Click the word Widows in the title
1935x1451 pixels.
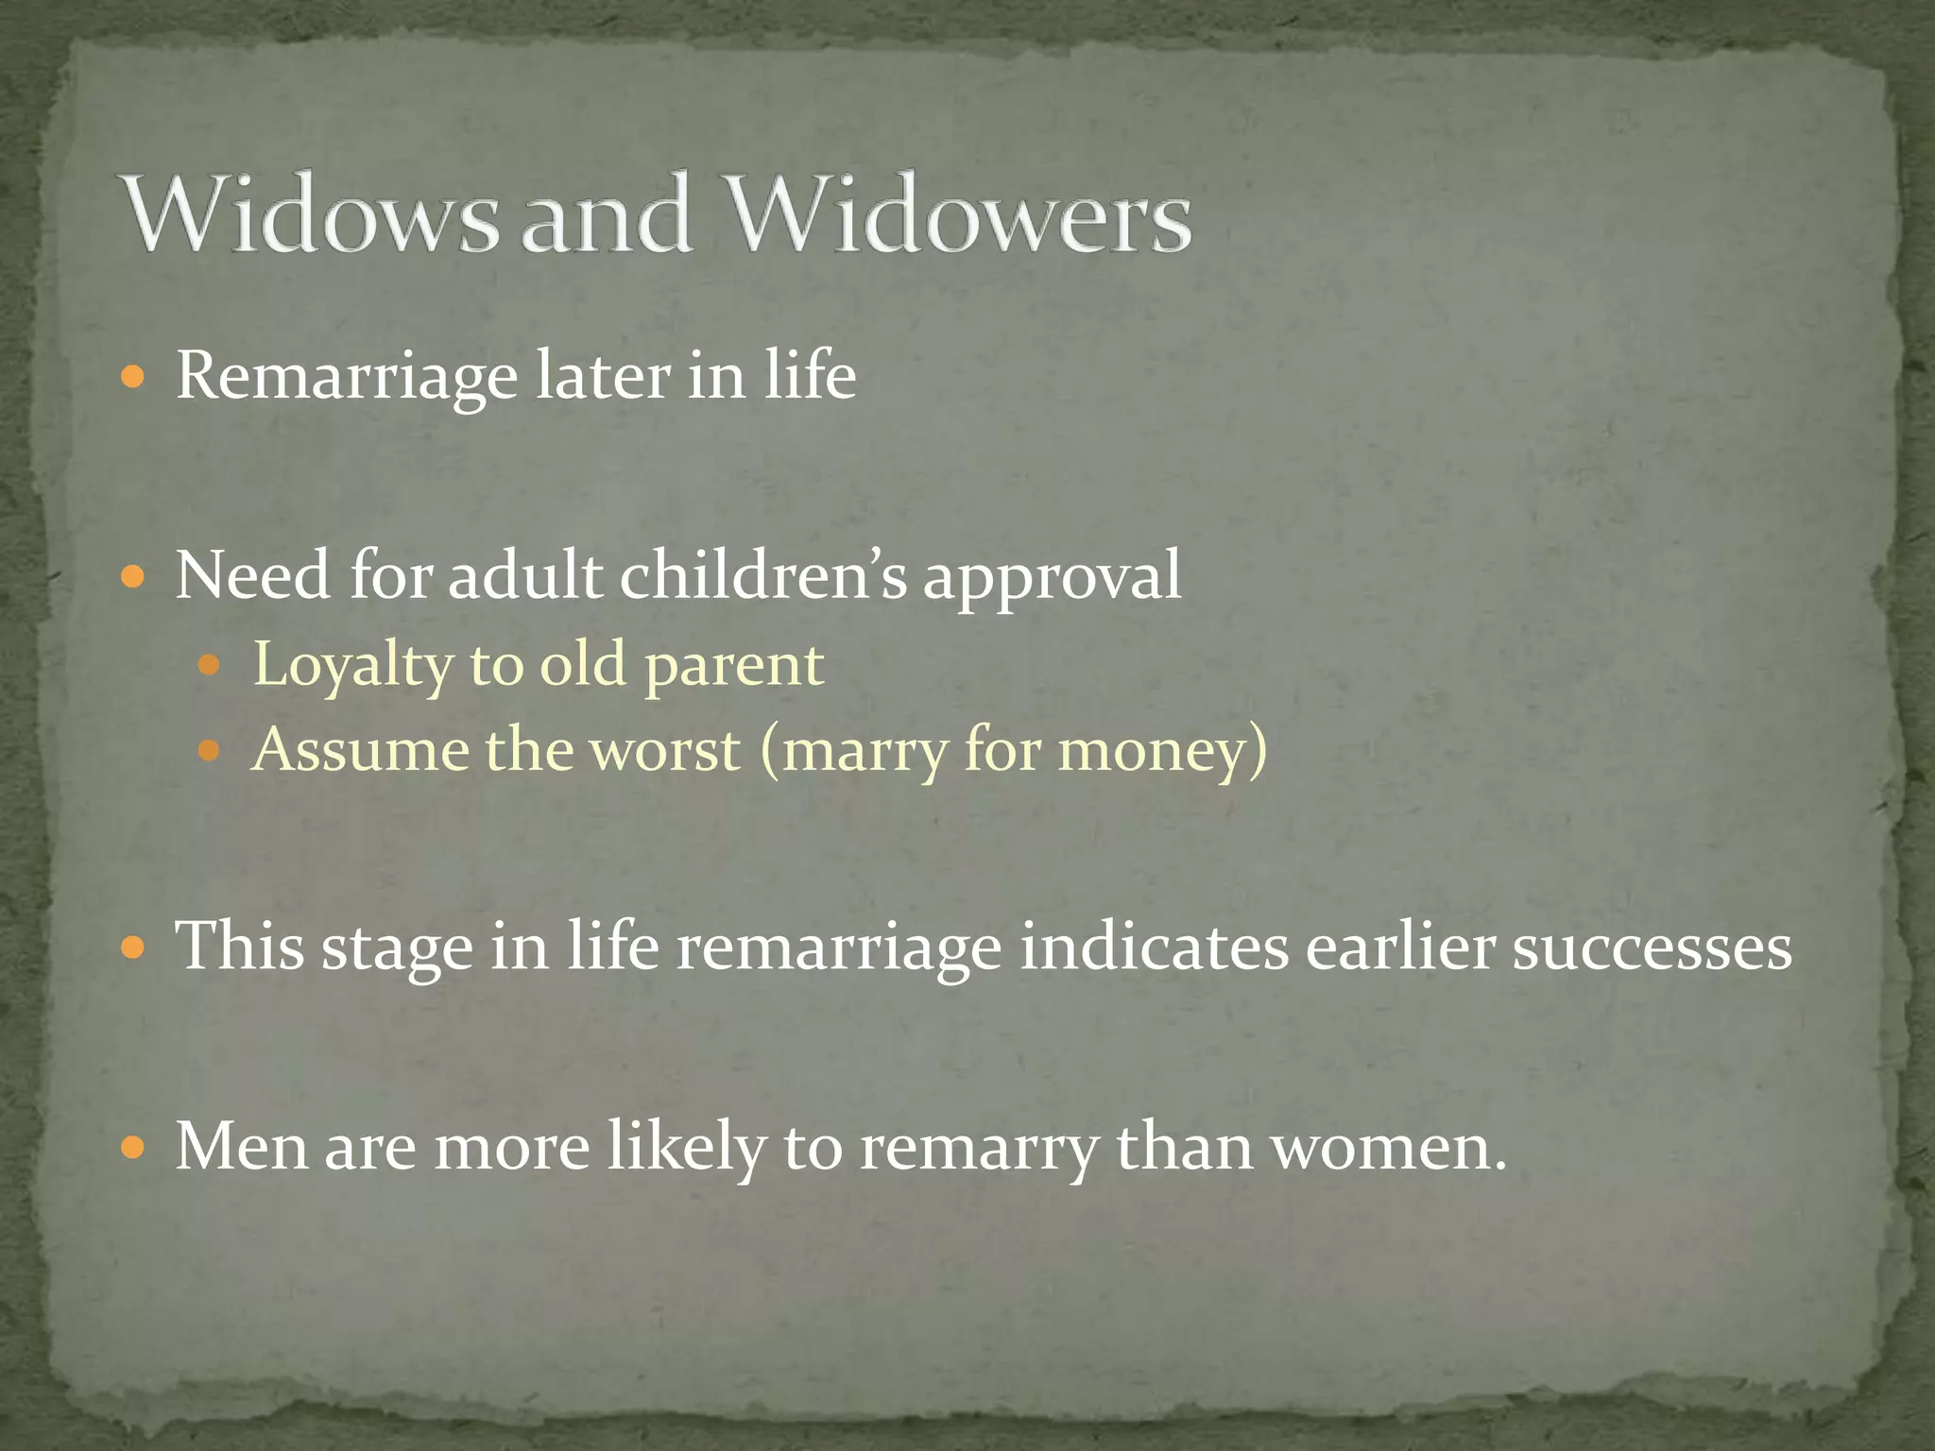(312, 214)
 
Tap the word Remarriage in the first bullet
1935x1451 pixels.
(347, 377)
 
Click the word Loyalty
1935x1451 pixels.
(354, 666)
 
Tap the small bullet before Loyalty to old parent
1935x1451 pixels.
(209, 666)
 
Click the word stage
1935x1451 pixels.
(397, 947)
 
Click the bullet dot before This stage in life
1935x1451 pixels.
(133, 947)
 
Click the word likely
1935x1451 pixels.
(686, 1149)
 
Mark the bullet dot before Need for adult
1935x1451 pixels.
(133, 575)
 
